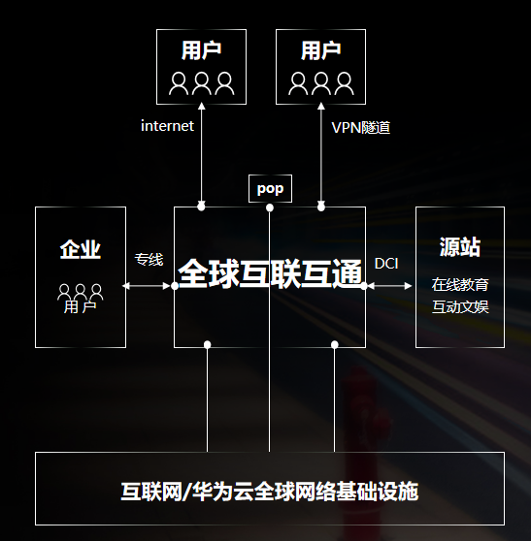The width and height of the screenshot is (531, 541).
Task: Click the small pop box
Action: pos(270,188)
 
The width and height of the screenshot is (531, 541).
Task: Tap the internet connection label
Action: pos(167,126)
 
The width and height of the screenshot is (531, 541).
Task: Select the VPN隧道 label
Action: pos(361,128)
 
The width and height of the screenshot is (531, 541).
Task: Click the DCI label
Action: pos(386,264)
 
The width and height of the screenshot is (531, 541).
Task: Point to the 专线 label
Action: pos(149,260)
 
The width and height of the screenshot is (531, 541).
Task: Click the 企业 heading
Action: pos(81,249)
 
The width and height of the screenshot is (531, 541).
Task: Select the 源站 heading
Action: pos(460,246)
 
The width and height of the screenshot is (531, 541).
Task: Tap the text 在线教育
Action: pos(460,285)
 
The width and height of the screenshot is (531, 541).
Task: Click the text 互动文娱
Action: pos(460,306)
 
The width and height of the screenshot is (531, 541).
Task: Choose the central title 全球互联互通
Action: pos(270,274)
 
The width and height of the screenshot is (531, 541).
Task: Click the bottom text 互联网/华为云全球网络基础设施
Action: pos(270,492)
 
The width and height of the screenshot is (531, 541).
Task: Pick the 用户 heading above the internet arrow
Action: pos(201,50)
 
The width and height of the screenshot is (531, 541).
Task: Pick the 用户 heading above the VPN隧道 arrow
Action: pos(321,50)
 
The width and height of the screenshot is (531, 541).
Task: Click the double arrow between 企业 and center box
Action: pos(147,286)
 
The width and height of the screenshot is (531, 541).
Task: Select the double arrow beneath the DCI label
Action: pos(389,286)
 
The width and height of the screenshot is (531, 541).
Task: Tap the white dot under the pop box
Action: pos(270,207)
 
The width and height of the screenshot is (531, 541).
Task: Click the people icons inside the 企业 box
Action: pos(81,292)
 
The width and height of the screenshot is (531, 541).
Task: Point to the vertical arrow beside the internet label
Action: pos(201,154)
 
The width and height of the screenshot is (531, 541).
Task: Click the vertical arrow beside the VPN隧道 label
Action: pos(321,154)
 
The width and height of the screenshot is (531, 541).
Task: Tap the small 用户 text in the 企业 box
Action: pos(80,307)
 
